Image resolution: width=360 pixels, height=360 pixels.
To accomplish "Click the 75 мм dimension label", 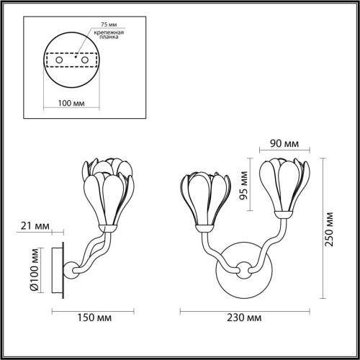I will pos(108,24).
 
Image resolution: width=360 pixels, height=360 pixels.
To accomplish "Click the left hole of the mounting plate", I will pos(58,60).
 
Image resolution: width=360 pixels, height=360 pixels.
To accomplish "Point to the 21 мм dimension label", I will pos(37,227).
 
